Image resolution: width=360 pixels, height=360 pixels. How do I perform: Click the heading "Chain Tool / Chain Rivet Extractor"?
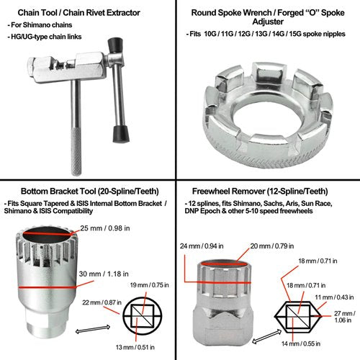coord(78,13)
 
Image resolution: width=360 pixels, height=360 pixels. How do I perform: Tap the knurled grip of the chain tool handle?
coord(76,152)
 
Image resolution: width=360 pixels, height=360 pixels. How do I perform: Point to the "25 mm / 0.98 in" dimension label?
coord(105,228)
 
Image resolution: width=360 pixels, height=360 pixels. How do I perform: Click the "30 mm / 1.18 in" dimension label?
coord(104,274)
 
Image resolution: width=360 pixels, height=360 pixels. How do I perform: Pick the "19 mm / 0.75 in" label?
coord(149,285)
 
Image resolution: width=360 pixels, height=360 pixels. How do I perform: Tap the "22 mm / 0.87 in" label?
coord(102,302)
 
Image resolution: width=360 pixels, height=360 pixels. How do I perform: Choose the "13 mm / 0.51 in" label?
coord(135,347)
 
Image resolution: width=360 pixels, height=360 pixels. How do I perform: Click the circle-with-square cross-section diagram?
coord(143,316)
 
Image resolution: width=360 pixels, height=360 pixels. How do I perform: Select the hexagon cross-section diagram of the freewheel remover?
coord(297,317)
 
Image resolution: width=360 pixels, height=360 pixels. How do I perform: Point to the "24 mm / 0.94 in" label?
coord(202,246)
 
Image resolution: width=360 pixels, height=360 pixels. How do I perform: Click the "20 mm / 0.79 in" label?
coord(272,246)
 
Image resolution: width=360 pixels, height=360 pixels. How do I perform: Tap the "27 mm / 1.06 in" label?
coord(345,317)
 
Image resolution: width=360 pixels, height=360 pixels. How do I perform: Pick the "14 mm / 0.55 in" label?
coord(301,343)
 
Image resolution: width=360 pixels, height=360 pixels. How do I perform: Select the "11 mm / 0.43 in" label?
coord(334,297)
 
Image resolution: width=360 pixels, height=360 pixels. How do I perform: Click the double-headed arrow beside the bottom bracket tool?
coord(93,329)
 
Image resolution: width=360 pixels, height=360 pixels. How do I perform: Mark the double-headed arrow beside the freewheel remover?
coord(266,336)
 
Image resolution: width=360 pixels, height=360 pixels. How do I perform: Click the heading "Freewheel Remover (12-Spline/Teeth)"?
coord(260,192)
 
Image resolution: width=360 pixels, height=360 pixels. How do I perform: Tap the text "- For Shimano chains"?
coord(40,25)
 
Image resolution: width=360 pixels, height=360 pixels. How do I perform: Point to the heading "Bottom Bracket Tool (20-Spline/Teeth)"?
coord(90,192)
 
